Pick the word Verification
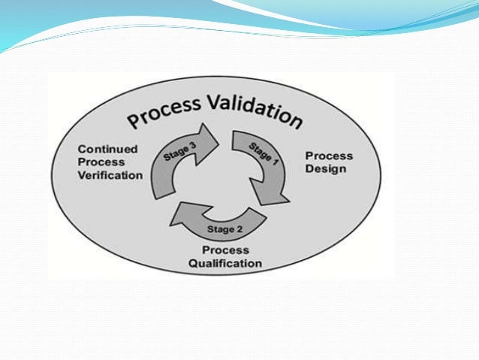(110, 175)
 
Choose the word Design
(326, 168)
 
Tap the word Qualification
(225, 263)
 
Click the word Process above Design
(329, 156)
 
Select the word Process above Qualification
(224, 250)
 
